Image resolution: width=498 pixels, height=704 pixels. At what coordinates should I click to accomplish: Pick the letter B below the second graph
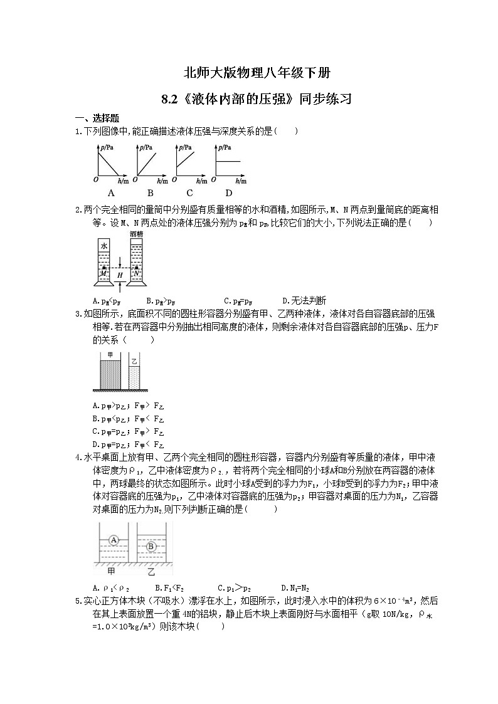click(151, 193)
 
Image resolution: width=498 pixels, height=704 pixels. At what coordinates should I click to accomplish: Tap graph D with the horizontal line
click(229, 163)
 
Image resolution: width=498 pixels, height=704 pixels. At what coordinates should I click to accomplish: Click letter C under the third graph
click(189, 193)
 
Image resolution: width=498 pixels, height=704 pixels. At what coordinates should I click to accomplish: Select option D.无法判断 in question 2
click(304, 300)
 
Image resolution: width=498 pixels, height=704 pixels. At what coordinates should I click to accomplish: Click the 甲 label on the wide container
click(111, 355)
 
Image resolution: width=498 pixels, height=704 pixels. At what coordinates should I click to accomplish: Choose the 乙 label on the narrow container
click(134, 360)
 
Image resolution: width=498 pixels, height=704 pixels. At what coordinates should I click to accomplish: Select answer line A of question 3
click(129, 406)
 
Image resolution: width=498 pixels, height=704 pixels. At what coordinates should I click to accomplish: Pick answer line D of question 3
click(129, 446)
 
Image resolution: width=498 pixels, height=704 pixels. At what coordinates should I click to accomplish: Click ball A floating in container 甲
click(114, 539)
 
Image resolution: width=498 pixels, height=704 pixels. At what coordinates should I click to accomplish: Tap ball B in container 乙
click(151, 546)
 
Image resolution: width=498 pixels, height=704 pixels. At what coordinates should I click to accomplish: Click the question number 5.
click(78, 601)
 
